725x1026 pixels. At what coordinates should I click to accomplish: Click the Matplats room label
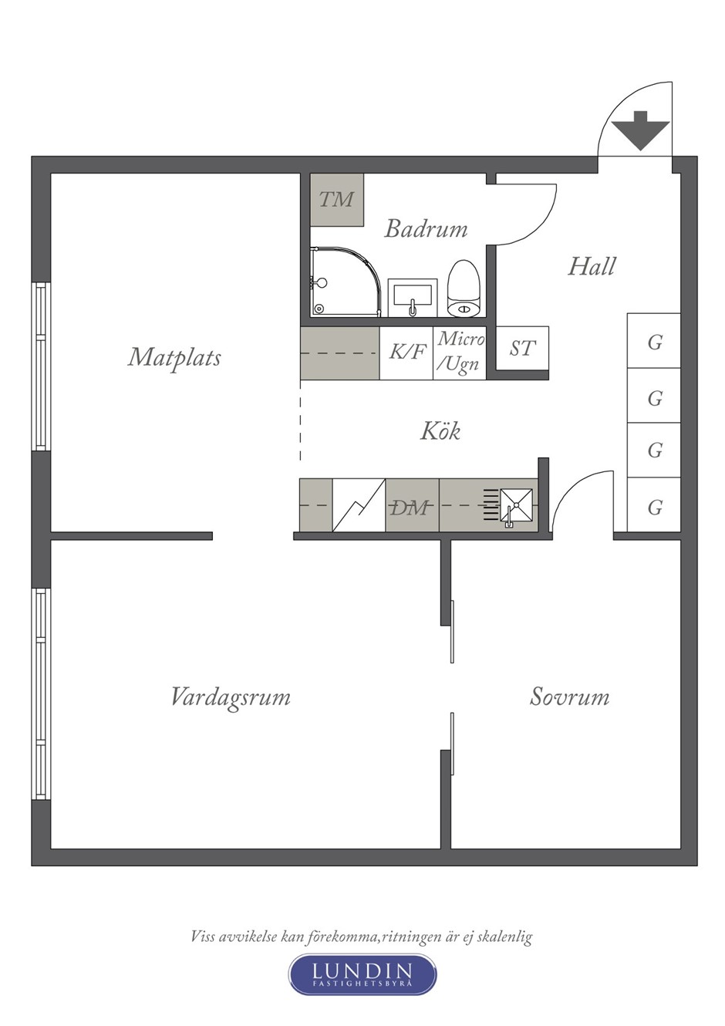tap(174, 357)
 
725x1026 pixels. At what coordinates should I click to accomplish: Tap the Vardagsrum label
tap(230, 697)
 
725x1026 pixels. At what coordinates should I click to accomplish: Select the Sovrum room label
tap(569, 697)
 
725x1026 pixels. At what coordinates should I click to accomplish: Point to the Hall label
tap(592, 266)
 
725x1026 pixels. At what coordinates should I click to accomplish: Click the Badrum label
tap(426, 228)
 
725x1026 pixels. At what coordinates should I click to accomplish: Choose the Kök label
tap(440, 430)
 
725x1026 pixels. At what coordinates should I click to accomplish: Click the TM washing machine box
tap(336, 200)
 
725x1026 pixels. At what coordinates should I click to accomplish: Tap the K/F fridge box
tap(406, 353)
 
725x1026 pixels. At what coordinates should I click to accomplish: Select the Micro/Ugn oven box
tap(460, 353)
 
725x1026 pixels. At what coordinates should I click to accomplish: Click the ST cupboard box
tap(521, 349)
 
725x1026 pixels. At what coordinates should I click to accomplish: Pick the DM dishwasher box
tap(412, 506)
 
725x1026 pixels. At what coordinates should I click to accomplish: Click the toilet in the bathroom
tap(464, 290)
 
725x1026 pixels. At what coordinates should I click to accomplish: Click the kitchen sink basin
tap(514, 505)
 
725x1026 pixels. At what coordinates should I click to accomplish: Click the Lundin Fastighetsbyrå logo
tap(362, 974)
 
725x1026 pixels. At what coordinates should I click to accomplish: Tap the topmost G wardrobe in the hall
tap(654, 341)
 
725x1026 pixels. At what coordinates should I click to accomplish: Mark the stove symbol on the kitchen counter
tap(359, 506)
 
